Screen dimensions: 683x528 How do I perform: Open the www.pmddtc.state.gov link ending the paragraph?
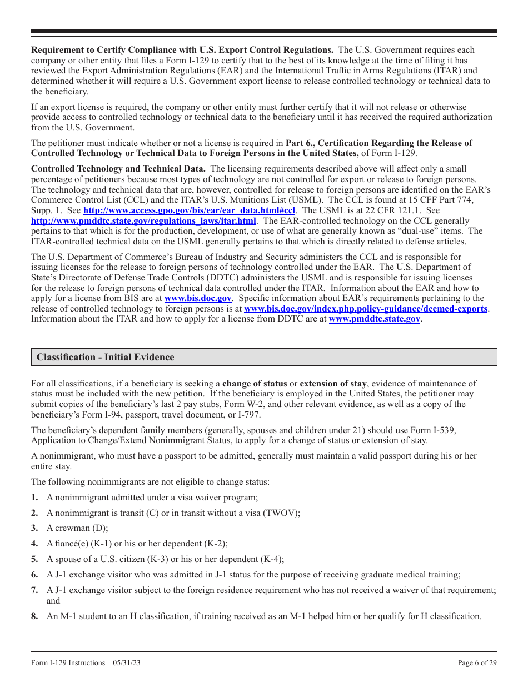(374, 319)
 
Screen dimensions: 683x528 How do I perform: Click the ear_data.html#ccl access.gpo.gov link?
(189, 210)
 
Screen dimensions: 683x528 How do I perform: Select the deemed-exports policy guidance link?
(365, 309)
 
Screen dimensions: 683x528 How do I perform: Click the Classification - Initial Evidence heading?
(106, 357)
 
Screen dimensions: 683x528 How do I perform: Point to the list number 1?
(34, 498)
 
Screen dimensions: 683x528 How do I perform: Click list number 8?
(34, 616)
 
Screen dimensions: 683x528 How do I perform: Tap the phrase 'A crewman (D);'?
(77, 528)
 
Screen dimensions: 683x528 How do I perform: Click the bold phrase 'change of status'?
(255, 384)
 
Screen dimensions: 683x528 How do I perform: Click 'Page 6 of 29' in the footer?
(477, 662)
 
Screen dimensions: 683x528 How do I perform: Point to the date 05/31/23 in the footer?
(127, 662)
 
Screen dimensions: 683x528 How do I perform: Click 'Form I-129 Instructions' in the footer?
(68, 662)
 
